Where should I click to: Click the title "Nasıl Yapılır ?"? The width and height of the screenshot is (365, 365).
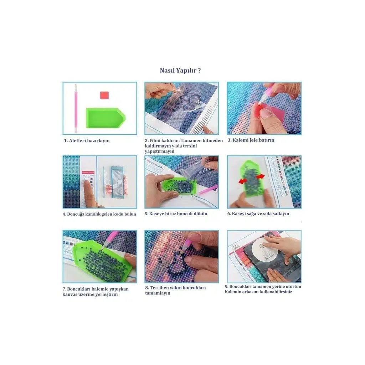[x=180, y=71]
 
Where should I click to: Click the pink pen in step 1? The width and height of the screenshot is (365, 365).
[x=76, y=109]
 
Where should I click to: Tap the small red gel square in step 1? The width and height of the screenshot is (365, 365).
[x=104, y=95]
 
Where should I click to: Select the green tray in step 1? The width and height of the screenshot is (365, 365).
[x=106, y=118]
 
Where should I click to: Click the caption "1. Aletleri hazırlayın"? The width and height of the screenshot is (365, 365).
[x=87, y=140]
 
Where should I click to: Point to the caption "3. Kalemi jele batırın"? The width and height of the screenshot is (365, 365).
[x=251, y=140]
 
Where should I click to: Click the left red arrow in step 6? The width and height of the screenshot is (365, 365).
[x=243, y=181]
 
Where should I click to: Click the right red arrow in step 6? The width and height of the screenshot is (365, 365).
[x=261, y=176]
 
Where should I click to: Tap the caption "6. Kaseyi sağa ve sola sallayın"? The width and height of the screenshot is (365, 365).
[x=258, y=214]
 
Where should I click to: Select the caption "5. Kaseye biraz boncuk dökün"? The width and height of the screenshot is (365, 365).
[x=176, y=214]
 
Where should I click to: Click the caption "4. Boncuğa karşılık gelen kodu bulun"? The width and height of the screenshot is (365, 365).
[x=99, y=214]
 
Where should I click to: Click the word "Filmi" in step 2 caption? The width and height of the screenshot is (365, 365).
[x=155, y=140]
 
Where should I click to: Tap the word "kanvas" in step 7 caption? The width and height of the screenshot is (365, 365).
[x=70, y=294]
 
